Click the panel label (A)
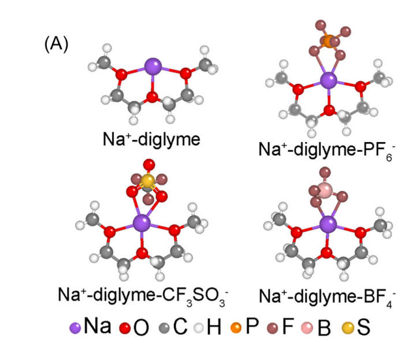[56, 45]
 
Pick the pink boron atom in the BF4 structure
[326, 190]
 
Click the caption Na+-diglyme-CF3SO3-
[141, 295]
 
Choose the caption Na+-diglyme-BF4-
[329, 295]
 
